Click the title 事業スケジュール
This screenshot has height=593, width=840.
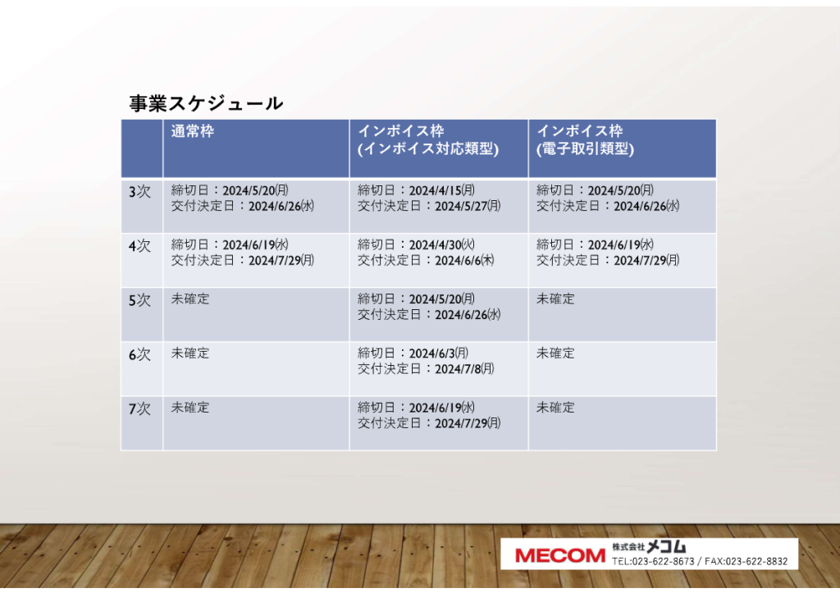coord(206,103)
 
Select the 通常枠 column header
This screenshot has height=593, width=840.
coord(192,131)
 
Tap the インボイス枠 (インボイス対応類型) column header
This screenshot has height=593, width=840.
coord(428,139)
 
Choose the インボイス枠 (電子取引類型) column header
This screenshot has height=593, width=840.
coord(585,139)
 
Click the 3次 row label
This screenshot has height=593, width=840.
coord(139,192)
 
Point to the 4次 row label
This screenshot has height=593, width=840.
coord(139,246)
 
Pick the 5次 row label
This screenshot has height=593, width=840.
coord(139,300)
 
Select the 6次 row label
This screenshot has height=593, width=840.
coord(139,354)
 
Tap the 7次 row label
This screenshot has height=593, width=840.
coord(139,409)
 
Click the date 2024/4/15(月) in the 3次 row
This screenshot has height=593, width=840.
coord(442,191)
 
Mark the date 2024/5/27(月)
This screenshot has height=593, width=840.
coord(468,206)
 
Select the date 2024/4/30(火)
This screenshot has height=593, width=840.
coord(442,244)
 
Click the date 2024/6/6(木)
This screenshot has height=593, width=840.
coord(464,260)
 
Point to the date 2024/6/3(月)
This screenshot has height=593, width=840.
coord(439,354)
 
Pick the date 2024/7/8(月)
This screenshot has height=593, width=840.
coord(464,369)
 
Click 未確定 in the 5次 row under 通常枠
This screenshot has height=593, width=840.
coord(190,299)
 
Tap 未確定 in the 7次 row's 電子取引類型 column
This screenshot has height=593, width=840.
coord(555,408)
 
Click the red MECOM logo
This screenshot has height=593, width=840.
coord(559,555)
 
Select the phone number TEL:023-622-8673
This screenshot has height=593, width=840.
coord(653,561)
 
